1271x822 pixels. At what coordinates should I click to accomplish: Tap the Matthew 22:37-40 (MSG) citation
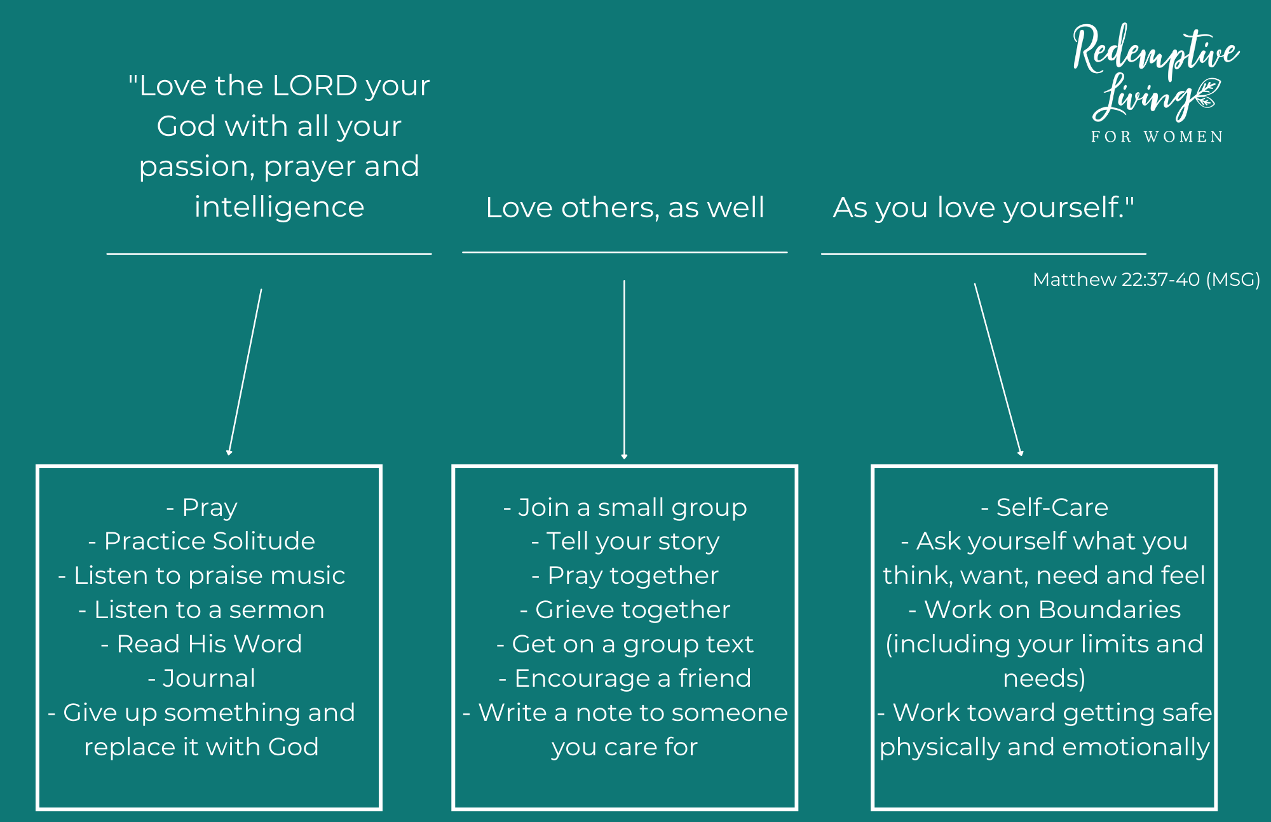tap(1146, 280)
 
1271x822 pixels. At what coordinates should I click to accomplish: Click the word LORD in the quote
tap(315, 86)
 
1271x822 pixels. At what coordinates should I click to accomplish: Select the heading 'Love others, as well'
tap(625, 208)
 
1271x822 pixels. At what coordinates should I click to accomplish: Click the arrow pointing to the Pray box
tap(245, 372)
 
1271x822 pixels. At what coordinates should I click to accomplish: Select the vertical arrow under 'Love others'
tap(624, 368)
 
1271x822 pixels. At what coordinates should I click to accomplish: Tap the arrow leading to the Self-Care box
tap(998, 368)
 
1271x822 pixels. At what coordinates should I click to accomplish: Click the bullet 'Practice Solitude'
tap(202, 541)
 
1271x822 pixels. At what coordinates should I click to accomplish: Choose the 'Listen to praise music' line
tap(202, 576)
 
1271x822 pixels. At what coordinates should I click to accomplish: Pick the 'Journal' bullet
tap(202, 678)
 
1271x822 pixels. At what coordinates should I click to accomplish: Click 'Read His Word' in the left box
tap(202, 644)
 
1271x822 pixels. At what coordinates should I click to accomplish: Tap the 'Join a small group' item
tap(625, 508)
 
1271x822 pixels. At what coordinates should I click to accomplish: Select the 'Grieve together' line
tap(625, 610)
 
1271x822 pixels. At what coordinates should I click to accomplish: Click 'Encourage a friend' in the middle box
tap(625, 678)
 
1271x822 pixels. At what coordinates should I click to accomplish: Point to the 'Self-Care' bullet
tap(1044, 508)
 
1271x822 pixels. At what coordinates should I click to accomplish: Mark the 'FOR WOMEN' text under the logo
tap(1157, 137)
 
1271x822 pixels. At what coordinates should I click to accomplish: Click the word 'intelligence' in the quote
tap(279, 207)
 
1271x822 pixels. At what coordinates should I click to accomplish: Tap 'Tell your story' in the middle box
tap(625, 541)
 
